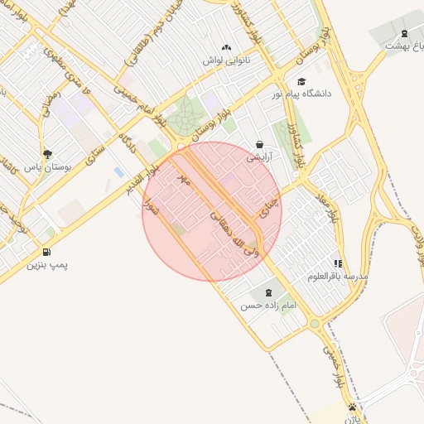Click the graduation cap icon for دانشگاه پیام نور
[301, 81]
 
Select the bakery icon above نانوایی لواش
[226, 48]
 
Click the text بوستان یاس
[46, 167]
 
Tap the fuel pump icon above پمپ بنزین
[46, 252]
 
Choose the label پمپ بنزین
[46, 265]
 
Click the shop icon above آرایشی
[259, 144]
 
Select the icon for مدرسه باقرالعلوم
[337, 263]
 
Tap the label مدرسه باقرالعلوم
[337, 275]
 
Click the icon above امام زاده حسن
[267, 292]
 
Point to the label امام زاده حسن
[267, 306]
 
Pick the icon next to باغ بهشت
[403, 33]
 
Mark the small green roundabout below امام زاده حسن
[315, 324]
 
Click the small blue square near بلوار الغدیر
[119, 172]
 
